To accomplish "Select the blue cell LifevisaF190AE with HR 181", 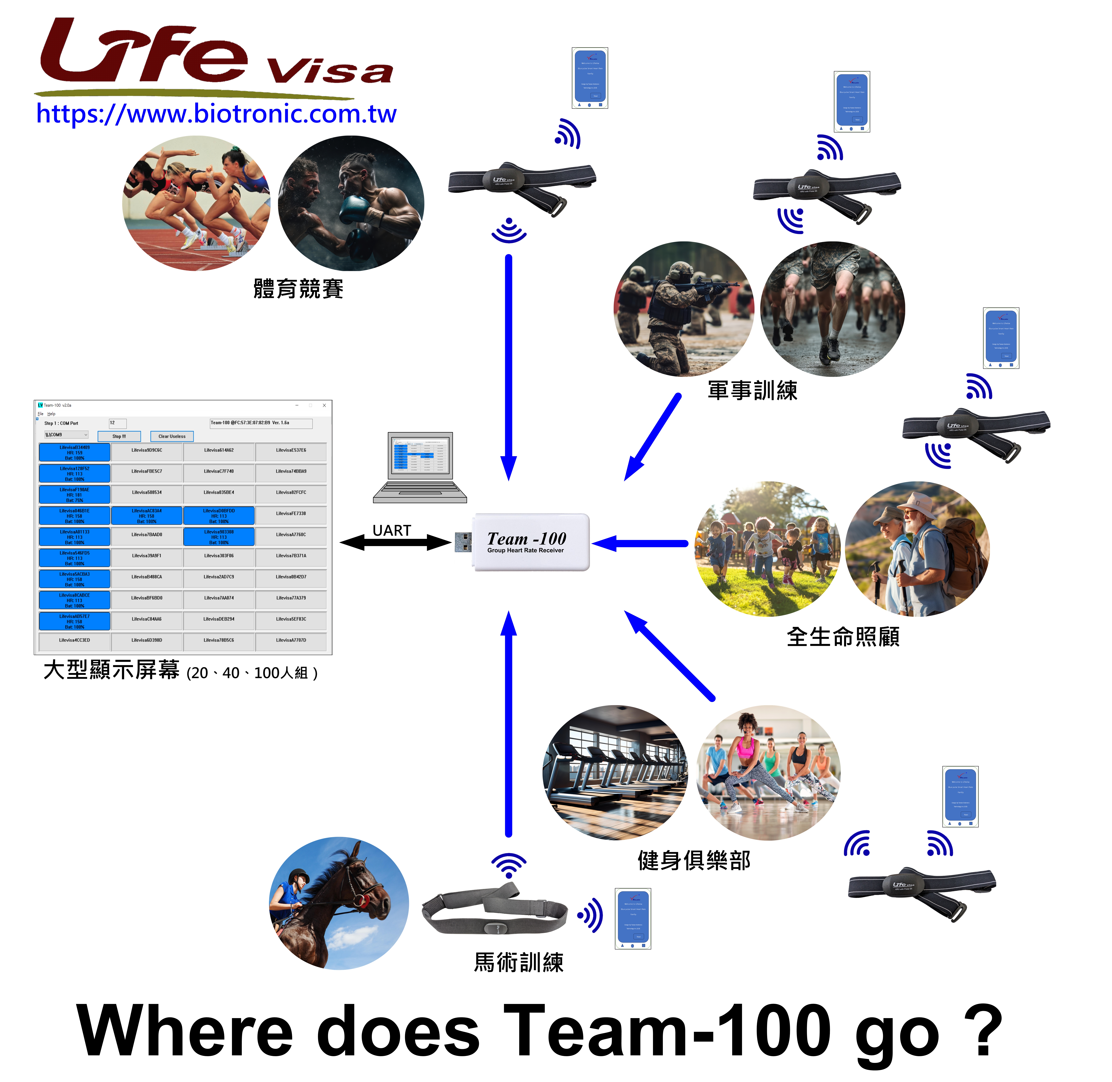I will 74,494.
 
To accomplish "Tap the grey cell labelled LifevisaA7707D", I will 291,640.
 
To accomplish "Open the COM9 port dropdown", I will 66,435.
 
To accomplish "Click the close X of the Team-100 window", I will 324,405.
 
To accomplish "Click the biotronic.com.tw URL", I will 216,114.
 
